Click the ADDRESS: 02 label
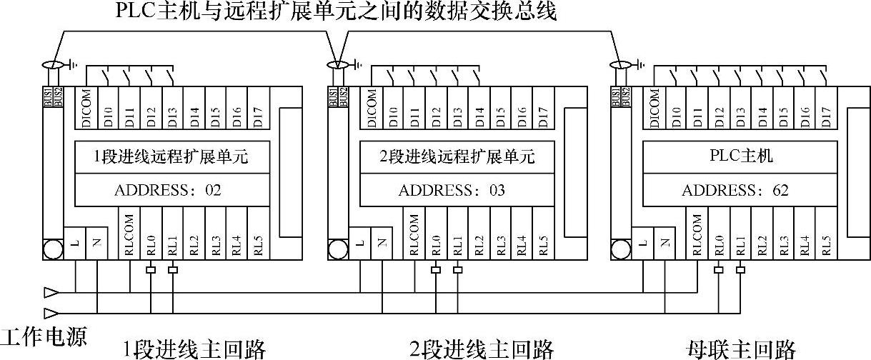coord(168,190)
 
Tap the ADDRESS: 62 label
coord(735,190)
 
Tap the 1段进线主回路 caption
coord(194,349)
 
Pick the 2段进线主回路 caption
coord(482,349)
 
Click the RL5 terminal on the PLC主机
coord(826,243)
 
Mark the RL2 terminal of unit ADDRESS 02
coord(194,243)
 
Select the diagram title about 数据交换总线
coord(336,11)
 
